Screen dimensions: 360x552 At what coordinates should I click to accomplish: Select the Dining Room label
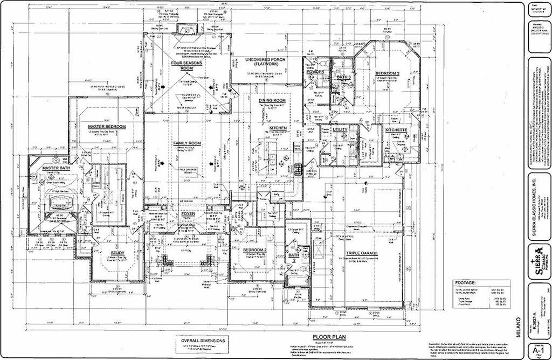[x=272, y=101]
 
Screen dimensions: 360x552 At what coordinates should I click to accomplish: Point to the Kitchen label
[x=274, y=128]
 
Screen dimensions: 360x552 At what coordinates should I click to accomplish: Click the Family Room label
[x=187, y=143]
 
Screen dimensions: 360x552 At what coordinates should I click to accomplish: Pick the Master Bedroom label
[x=107, y=126]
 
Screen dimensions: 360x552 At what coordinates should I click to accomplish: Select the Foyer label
[x=188, y=214]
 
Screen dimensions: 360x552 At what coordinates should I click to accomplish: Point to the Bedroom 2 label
[x=253, y=251]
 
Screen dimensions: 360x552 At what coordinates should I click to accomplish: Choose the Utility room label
[x=340, y=130]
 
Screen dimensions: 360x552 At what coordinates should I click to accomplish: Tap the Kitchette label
[x=396, y=130]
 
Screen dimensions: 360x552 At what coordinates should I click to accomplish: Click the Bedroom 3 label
[x=388, y=73]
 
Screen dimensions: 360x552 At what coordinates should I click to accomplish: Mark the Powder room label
[x=315, y=72]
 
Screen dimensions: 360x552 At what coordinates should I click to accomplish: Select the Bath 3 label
[x=344, y=78]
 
